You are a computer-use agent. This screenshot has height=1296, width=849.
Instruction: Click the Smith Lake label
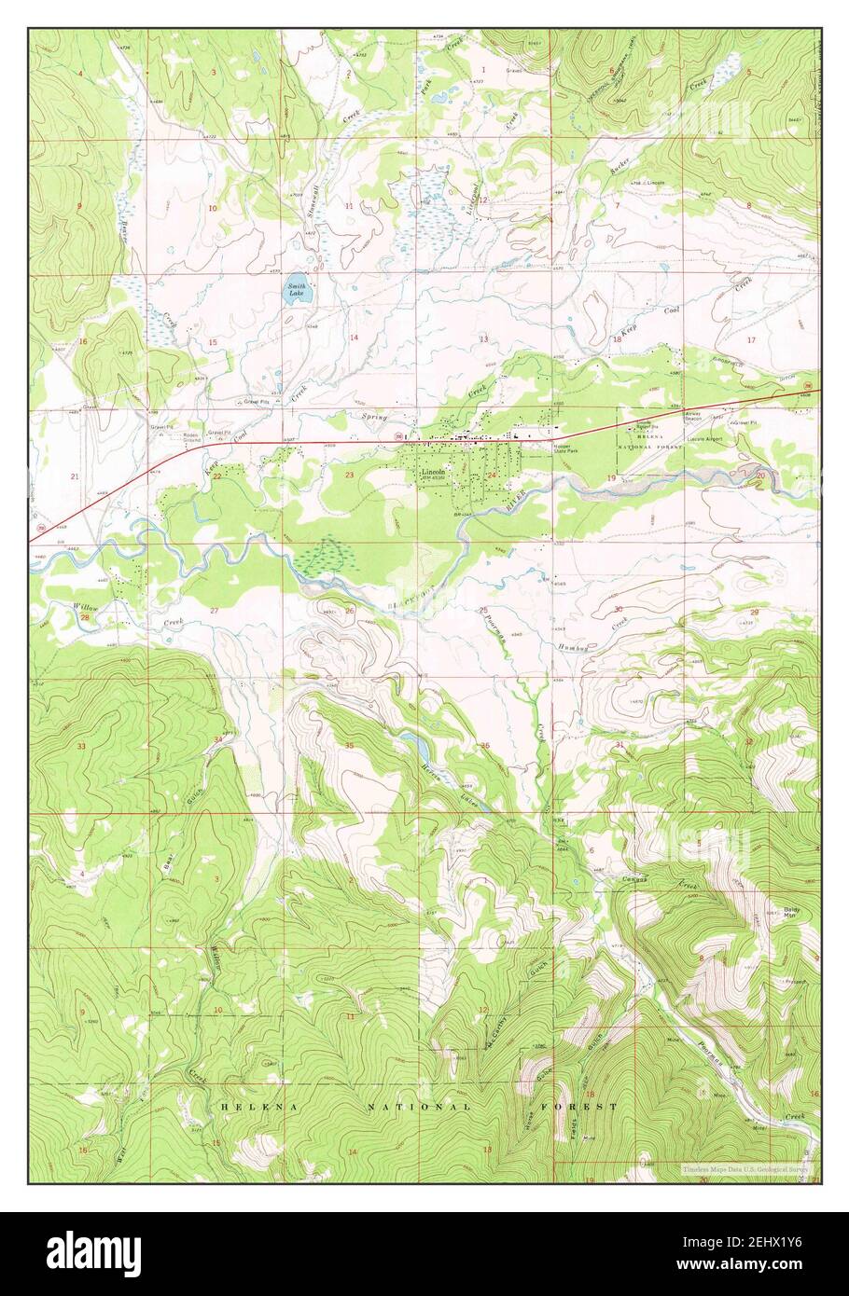coord(296,290)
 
